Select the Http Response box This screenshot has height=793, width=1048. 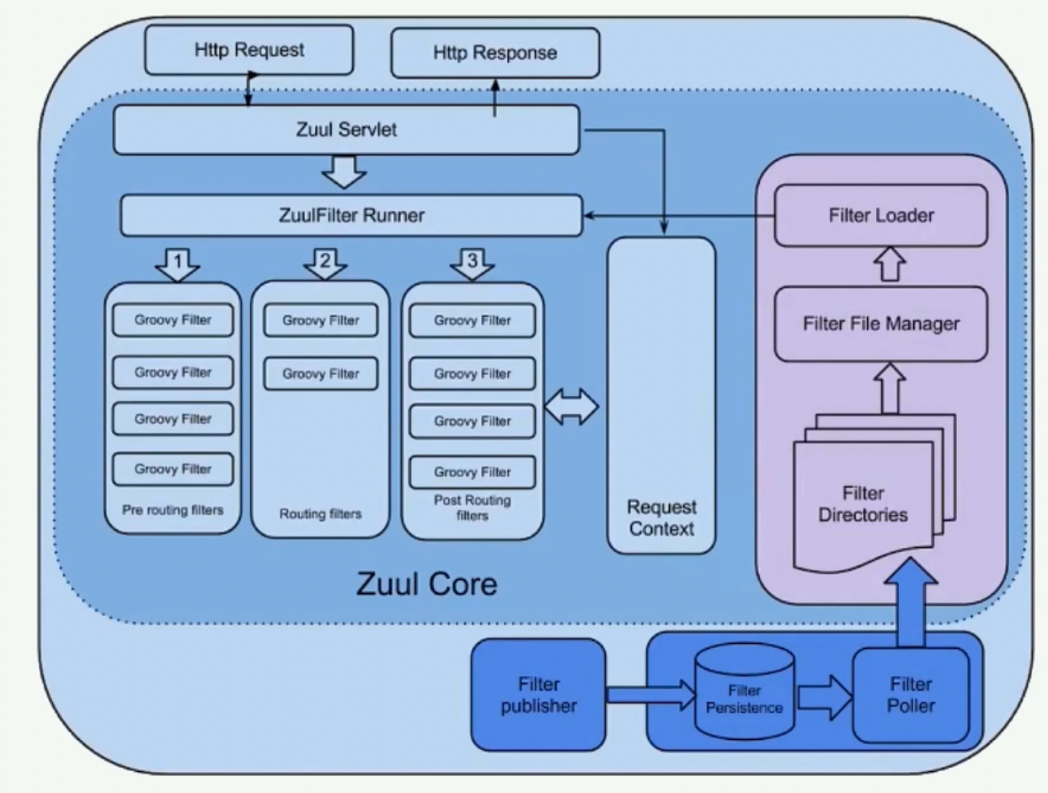(495, 53)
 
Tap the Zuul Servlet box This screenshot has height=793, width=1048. (346, 131)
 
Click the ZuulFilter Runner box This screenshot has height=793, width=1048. (351, 216)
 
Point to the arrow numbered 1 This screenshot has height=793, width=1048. (177, 265)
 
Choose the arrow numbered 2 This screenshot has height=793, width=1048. (325, 264)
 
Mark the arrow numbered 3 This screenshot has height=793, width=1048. (472, 264)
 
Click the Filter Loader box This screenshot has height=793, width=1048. (881, 216)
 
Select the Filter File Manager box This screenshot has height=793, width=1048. (881, 324)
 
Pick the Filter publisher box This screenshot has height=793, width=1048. (538, 694)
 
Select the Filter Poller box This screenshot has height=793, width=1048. (911, 694)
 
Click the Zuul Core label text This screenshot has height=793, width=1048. (426, 583)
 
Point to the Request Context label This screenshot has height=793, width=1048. (660, 518)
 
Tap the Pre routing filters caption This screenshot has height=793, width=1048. (172, 510)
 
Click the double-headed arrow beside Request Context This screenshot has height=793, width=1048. (571, 408)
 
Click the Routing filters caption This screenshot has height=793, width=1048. (320, 513)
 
